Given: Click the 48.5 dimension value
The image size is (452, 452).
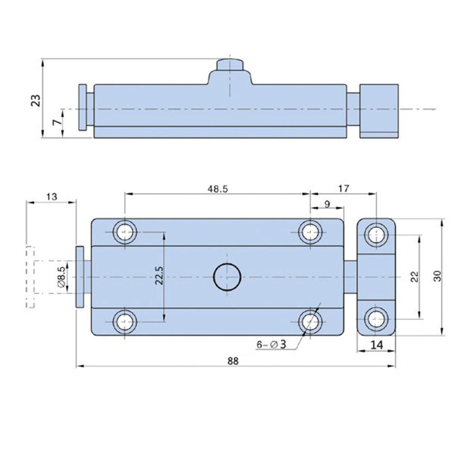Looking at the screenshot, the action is (218, 189).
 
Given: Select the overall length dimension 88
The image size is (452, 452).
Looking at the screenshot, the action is (233, 361).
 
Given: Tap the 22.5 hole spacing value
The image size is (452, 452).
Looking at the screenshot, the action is (159, 276).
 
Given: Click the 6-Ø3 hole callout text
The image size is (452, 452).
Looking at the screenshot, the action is (271, 344).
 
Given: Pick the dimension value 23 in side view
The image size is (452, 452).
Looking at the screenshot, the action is (36, 101).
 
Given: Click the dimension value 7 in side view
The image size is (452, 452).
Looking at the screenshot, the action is (58, 122).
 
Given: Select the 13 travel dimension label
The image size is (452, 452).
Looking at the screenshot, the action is (52, 197).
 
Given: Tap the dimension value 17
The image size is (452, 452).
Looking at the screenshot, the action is (344, 188).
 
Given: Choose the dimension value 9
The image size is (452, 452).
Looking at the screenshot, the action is (327, 204).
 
